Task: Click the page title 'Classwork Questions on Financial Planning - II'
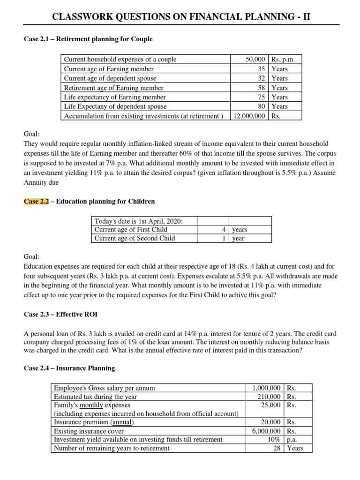click(x=180, y=17)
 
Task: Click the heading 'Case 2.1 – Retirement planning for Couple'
click(x=88, y=39)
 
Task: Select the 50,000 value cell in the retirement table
click(x=256, y=60)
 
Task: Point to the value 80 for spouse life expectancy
click(x=262, y=106)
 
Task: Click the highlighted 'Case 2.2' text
click(x=37, y=202)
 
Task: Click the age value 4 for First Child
click(x=225, y=230)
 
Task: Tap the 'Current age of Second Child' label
click(x=135, y=238)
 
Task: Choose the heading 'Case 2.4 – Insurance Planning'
click(x=69, y=368)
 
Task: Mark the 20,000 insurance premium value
click(x=271, y=422)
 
